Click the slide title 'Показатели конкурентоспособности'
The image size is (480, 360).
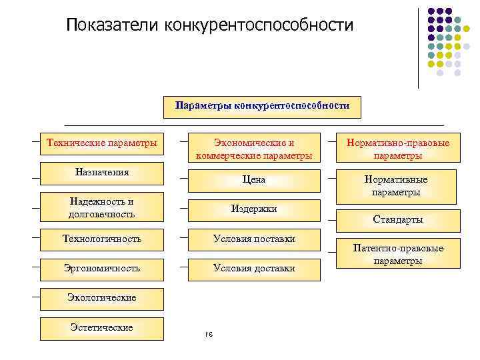coord(209,25)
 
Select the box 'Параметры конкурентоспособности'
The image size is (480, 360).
coord(262,106)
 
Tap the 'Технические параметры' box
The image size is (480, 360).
coord(102,143)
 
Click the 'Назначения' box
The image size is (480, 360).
coord(102,172)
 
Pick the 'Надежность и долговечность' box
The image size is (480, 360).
coord(102,207)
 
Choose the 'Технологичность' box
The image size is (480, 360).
coord(102,238)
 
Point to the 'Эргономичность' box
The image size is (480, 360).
coord(102,268)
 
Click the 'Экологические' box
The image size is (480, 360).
coord(102,297)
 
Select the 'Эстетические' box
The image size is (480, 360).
coord(102,327)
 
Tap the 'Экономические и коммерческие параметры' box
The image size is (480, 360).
coord(254,149)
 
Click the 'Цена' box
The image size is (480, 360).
coord(254,179)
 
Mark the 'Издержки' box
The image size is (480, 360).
coord(254,209)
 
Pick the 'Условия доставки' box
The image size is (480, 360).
coord(254,268)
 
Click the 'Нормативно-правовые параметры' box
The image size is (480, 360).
coord(397,149)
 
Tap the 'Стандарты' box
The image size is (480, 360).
coord(397,219)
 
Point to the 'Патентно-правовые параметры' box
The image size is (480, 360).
coord(397,254)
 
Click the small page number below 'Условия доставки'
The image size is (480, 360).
coord(208,334)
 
